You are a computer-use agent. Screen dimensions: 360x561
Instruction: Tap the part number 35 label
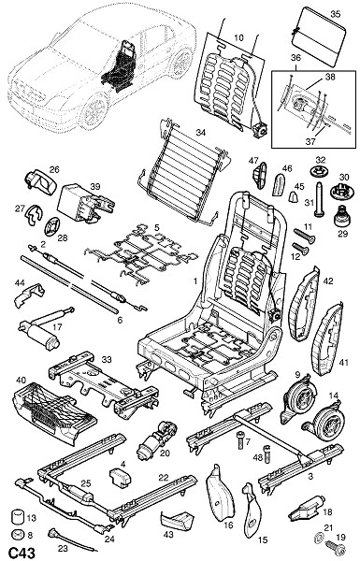[336, 14]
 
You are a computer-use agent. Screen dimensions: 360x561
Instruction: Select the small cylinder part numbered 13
[17, 516]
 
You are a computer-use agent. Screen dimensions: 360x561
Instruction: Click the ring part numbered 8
[17, 535]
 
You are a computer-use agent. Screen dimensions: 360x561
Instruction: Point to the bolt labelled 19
[336, 549]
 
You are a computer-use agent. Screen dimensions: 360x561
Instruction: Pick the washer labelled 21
[318, 537]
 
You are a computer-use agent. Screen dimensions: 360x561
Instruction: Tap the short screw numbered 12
[300, 249]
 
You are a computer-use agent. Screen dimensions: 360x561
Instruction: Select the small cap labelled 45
[294, 196]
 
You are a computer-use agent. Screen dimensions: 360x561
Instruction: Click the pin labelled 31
[319, 199]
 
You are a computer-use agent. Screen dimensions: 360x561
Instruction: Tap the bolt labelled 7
[240, 440]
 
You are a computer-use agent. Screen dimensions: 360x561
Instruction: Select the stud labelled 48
[266, 453]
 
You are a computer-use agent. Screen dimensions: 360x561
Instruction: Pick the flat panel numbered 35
[318, 36]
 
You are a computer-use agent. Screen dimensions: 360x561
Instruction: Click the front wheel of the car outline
[94, 111]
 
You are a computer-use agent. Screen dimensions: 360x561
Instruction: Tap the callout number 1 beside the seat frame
[195, 281]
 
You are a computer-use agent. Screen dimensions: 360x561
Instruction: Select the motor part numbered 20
[156, 439]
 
